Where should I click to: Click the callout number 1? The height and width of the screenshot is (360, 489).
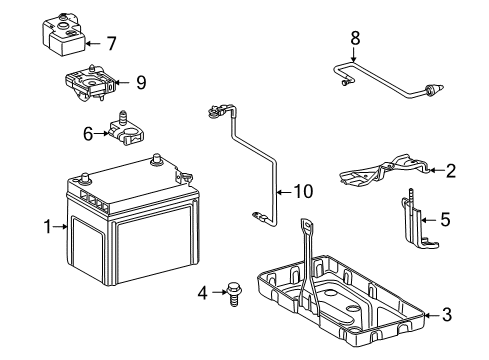point(48,227)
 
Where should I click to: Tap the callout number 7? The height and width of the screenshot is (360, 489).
point(111,44)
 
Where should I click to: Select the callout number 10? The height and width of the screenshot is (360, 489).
point(303,192)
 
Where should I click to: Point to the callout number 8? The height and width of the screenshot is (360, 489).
point(355,38)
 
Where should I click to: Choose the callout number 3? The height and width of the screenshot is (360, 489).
point(447,315)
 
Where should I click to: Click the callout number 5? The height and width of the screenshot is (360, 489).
point(445,219)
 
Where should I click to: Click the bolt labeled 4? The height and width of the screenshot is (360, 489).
point(234,294)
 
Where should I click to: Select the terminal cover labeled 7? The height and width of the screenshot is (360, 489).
point(64,34)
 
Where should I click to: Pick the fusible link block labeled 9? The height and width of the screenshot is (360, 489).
point(90,82)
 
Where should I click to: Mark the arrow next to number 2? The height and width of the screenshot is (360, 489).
point(437,170)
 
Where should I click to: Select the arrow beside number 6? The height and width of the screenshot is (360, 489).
point(101,134)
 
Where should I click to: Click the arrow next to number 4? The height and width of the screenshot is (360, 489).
point(220,292)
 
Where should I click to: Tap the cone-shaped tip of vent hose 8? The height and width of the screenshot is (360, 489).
point(437,89)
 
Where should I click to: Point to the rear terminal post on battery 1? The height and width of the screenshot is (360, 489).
point(156,159)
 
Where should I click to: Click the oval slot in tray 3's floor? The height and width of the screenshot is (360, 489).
point(353,307)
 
